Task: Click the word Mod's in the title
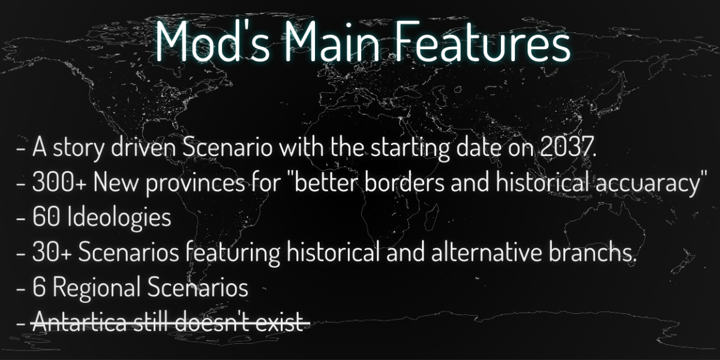(213, 41)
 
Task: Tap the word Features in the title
(482, 41)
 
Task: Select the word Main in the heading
(332, 41)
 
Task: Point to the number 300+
(60, 182)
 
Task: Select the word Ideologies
(119, 218)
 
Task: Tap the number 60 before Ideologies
(46, 217)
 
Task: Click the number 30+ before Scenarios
(52, 253)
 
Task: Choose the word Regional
(97, 287)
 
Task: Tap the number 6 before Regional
(39, 287)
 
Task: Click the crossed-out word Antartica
(80, 322)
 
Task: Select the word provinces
(195, 183)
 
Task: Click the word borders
(404, 182)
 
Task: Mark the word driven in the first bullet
(143, 147)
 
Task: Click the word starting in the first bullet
(410, 148)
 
